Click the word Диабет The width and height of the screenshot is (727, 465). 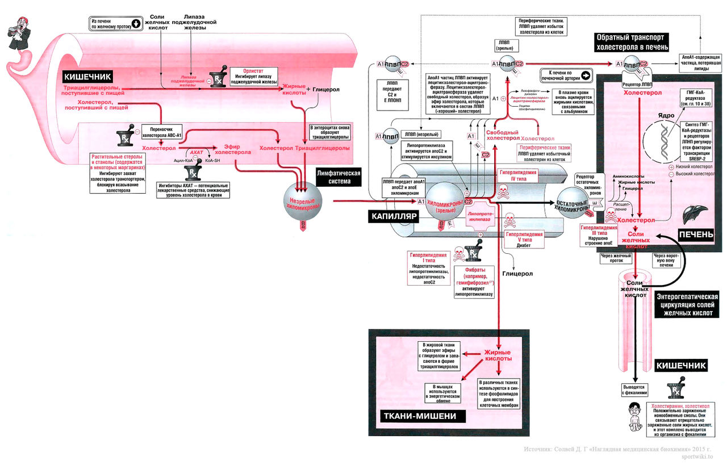[x=524, y=246]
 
